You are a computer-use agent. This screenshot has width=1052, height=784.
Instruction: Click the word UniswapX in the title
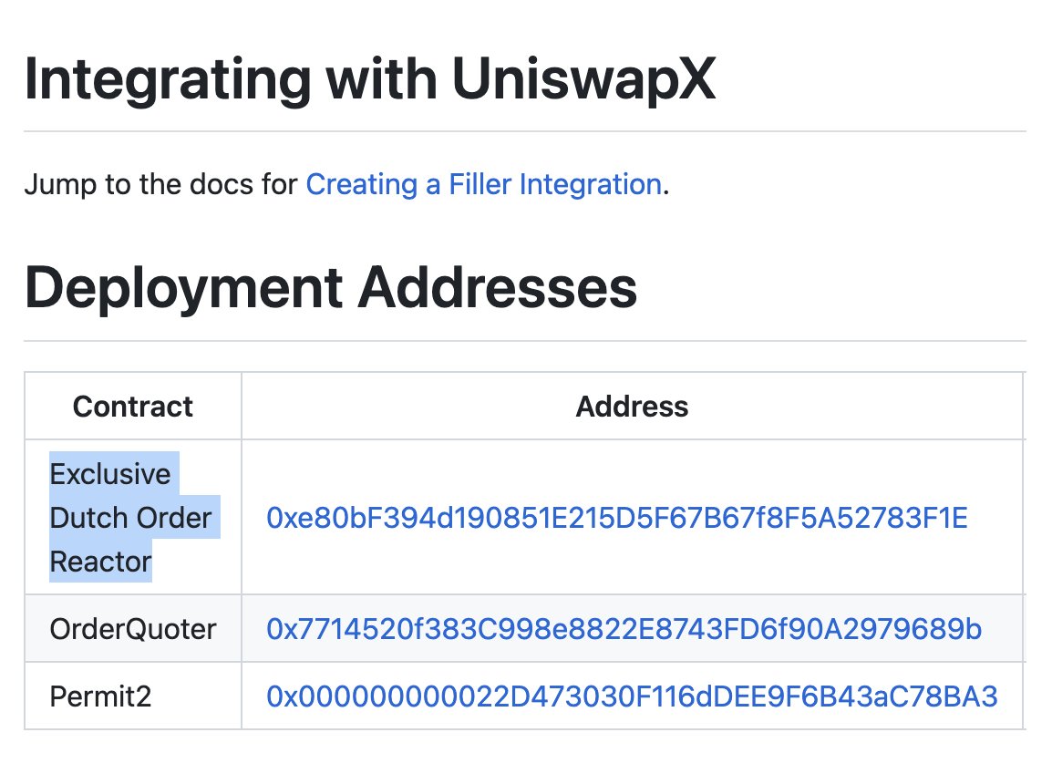click(583, 80)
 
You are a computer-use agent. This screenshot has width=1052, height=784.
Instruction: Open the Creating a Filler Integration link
click(484, 184)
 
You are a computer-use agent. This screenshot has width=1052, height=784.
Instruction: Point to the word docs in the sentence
click(222, 184)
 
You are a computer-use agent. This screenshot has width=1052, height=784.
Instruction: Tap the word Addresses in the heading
click(498, 288)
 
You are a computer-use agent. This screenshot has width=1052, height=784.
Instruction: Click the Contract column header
click(133, 407)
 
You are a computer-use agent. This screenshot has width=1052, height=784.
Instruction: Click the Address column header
click(632, 407)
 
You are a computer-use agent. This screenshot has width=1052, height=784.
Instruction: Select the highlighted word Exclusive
click(110, 474)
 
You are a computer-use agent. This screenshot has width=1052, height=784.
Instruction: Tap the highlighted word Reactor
click(100, 562)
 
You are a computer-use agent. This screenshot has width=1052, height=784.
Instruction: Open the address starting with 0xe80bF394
click(617, 518)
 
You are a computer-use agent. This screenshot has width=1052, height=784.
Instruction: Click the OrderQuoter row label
click(133, 629)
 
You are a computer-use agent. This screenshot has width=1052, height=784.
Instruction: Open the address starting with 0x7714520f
click(624, 629)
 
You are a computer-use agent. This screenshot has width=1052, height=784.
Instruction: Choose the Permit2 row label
click(100, 696)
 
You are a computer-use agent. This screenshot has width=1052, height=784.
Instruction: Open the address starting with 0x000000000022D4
click(632, 696)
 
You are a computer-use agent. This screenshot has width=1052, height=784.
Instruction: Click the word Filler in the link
click(480, 184)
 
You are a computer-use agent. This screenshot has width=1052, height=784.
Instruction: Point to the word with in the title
click(382, 80)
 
